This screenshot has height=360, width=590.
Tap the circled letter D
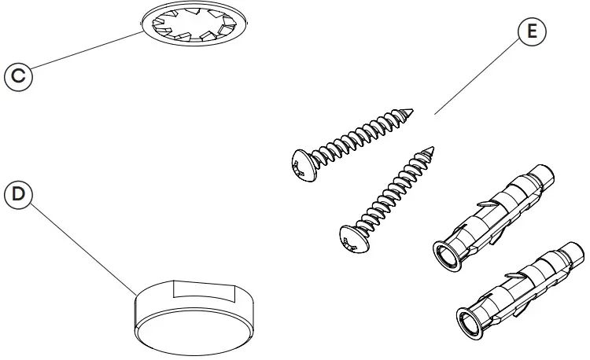point(18,193)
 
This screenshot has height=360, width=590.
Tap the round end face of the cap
point(189,330)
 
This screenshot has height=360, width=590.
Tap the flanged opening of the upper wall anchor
point(446,256)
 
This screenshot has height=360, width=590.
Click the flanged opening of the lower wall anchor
point(471,322)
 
